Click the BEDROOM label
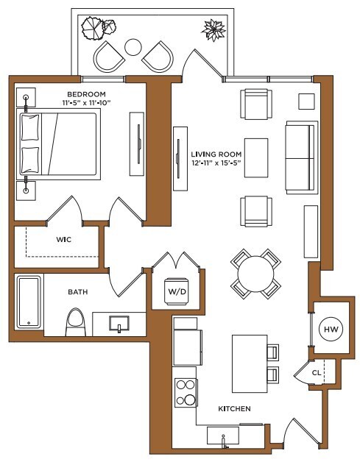click(86, 94)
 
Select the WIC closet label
click(63, 239)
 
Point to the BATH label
click(78, 291)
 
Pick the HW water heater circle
click(329, 329)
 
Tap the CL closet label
click(317, 372)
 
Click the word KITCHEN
click(235, 408)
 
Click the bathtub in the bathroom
click(29, 302)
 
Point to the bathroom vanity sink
click(119, 323)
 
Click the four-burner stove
click(185, 392)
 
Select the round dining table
click(255, 274)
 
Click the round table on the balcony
click(133, 48)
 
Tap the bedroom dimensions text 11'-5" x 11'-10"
click(86, 104)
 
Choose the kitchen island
click(248, 364)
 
